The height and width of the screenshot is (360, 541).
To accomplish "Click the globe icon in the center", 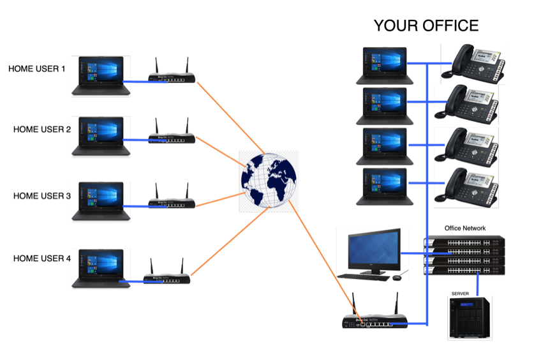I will point(269,181).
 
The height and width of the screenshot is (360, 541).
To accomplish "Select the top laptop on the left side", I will point(101,76).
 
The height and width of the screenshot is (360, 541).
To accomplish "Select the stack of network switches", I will point(464,255).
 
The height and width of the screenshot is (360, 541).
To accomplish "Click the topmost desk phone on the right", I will point(473,63).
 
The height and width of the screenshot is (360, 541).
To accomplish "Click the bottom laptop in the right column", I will point(385,186).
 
